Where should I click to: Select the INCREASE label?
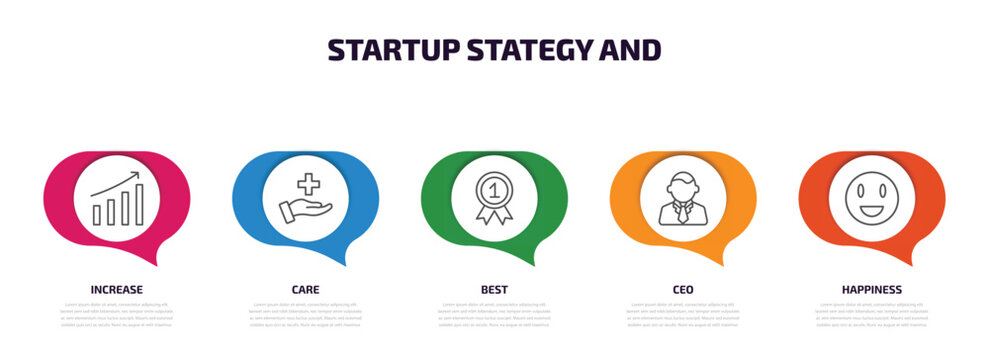pyautogui.click(x=116, y=290)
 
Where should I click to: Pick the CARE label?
pyautogui.click(x=305, y=290)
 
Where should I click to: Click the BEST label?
pyautogui.click(x=494, y=290)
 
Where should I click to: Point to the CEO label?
pyautogui.click(x=683, y=290)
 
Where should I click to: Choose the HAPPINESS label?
pyautogui.click(x=871, y=290)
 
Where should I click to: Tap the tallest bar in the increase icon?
pyautogui.click(x=139, y=205)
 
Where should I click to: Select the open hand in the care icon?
pyautogui.click(x=303, y=210)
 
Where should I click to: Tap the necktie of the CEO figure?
pyautogui.click(x=682, y=210)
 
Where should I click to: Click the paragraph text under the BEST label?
pyautogui.click(x=494, y=314)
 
